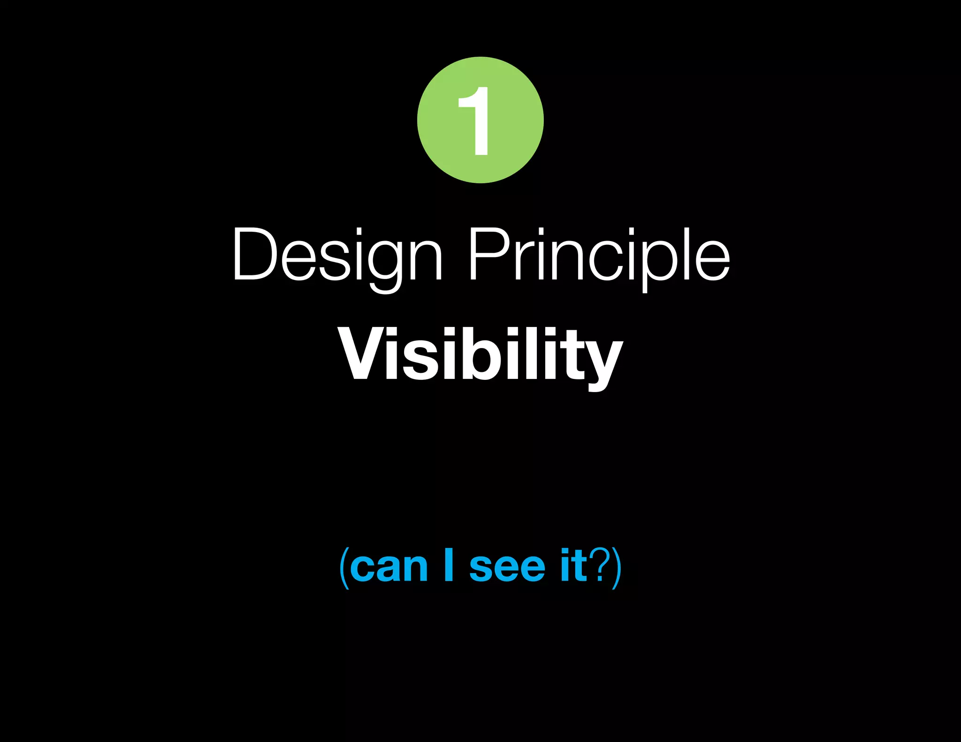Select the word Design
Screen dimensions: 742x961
point(337,256)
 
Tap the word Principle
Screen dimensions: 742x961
point(599,256)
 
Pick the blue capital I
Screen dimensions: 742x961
point(449,565)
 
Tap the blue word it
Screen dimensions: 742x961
point(573,565)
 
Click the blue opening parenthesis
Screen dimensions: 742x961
point(344,568)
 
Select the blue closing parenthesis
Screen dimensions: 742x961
point(617,568)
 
